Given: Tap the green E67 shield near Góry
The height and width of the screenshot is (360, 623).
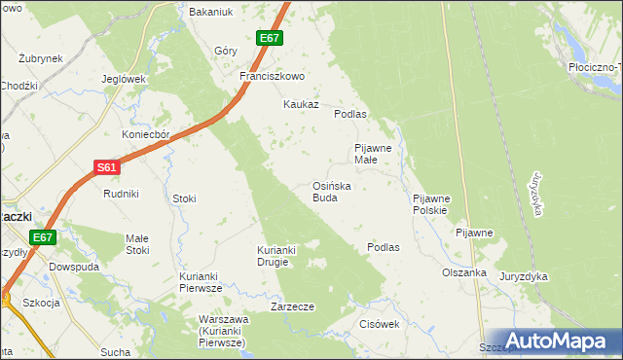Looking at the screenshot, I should pos(270,38).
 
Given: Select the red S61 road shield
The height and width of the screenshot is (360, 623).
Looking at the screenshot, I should pos(108,167).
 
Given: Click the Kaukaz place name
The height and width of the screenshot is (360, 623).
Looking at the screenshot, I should pos(301,104).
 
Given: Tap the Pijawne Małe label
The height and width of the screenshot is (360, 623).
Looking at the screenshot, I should pos(372,154).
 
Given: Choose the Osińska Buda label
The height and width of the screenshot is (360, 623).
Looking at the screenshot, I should pos(331,191).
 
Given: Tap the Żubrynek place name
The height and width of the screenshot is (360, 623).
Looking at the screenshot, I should pos(41,58).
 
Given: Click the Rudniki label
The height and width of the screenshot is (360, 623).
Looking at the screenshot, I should pos(122,194).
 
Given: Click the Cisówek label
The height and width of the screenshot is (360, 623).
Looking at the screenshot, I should pos(380,324).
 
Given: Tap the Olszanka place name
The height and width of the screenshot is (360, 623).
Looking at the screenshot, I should pos(463,273).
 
